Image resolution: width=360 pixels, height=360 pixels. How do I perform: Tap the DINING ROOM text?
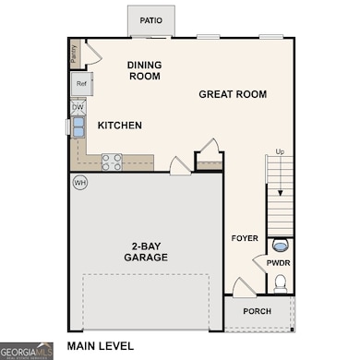[143, 69]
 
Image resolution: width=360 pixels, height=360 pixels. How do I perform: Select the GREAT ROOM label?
[233, 94]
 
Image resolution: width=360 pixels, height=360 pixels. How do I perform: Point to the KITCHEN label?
[120, 126]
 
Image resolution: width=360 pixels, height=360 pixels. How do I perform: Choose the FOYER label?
[245, 238]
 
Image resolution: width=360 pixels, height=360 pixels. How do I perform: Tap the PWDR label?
[279, 263]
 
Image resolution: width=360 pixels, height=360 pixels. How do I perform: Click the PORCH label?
[257, 311]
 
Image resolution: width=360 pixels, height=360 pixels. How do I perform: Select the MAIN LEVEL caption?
[100, 346]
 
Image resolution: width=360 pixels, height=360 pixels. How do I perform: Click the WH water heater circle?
[79, 182]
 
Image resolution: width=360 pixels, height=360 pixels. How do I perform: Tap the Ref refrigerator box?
[81, 85]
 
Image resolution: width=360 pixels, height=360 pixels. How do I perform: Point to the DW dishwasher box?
[78, 108]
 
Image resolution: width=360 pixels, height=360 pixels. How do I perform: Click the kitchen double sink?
[78, 126]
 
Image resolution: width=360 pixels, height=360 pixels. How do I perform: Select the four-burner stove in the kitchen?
[112, 162]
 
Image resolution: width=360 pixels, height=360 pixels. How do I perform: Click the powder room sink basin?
[281, 246]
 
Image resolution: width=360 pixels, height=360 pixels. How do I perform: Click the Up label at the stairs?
[280, 152]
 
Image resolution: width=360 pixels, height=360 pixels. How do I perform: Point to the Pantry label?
[74, 54]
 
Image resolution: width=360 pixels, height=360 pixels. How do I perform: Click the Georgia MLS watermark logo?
[26, 351]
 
